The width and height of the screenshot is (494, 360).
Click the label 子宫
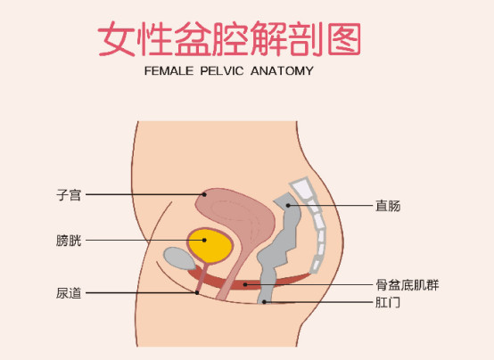69,195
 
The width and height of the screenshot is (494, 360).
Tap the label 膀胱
69,241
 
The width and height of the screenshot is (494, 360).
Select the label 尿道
69,293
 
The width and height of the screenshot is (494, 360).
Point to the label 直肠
388,206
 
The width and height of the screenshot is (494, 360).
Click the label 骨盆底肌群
407,285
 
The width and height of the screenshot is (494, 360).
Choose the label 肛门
388,303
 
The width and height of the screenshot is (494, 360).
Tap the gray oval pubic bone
179,258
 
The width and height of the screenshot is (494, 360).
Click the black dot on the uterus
204,194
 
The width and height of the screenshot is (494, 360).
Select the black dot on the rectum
288,205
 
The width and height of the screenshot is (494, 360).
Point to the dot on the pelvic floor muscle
245,285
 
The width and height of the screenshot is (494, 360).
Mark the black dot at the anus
264,302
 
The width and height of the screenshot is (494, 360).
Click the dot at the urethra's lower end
197,292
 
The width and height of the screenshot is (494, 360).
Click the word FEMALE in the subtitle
169,71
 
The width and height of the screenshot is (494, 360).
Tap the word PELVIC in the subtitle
222,71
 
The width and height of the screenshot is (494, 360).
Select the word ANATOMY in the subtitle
282,71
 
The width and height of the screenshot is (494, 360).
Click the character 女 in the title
117,39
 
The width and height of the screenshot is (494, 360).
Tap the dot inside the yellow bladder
204,240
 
